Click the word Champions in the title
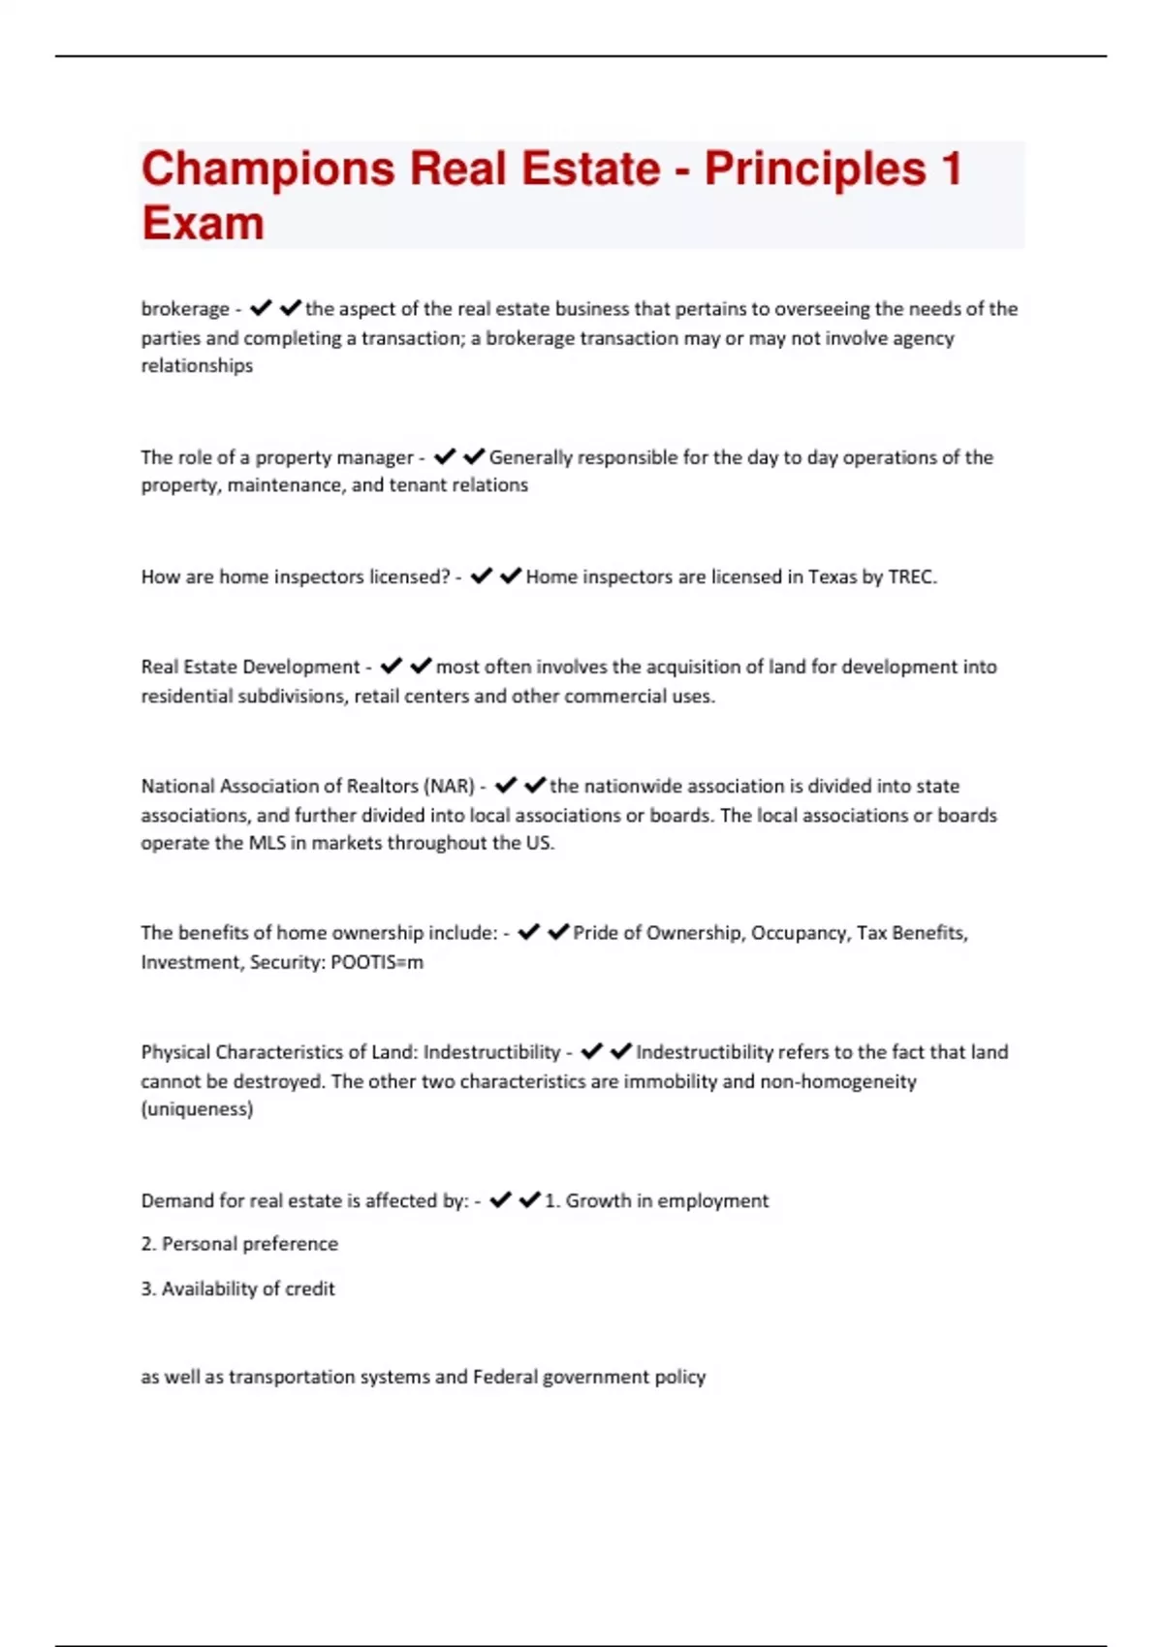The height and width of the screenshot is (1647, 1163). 268,170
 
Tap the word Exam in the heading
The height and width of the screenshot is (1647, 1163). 203,224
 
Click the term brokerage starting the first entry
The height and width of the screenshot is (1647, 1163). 185,309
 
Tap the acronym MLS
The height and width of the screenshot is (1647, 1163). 267,843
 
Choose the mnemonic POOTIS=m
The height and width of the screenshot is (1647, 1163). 377,963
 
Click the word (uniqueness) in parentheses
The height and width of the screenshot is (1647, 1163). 197,1109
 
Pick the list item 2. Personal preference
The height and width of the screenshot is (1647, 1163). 239,1244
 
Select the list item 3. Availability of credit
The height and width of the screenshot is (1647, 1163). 237,1290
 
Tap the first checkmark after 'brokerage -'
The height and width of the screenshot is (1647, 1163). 260,308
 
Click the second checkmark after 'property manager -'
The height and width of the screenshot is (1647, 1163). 474,456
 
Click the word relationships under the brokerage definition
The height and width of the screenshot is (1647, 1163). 197,366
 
